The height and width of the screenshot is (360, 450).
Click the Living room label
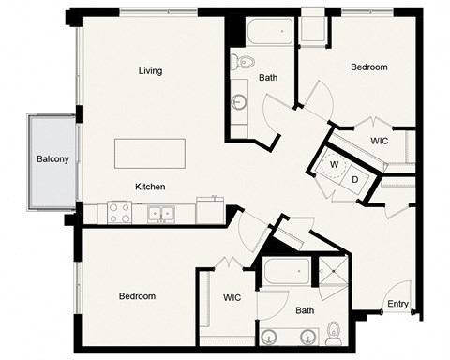click(x=150, y=71)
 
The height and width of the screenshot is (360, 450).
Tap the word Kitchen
click(x=151, y=187)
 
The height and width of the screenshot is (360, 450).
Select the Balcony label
click(x=52, y=159)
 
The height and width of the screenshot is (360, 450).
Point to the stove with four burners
click(x=119, y=214)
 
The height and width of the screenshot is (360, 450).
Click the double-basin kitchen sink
click(x=161, y=214)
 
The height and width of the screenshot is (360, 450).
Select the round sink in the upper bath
click(x=238, y=101)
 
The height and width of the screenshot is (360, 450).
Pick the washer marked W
click(x=334, y=163)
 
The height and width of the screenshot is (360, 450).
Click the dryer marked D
click(x=355, y=178)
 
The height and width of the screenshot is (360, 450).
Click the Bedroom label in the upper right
click(x=368, y=67)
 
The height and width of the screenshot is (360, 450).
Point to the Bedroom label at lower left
click(x=137, y=296)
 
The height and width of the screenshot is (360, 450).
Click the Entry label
click(x=397, y=303)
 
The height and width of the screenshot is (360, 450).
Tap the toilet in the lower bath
click(x=335, y=333)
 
